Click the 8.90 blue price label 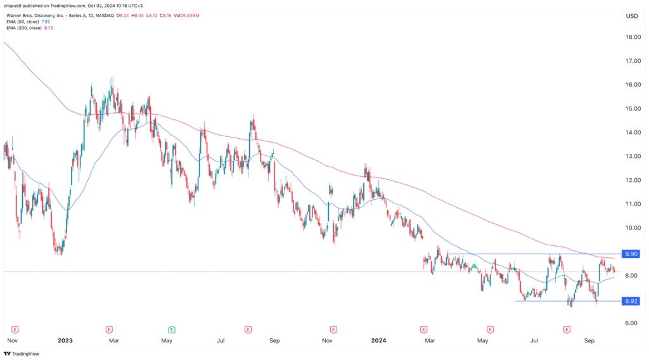click(631, 254)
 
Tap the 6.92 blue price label click(631, 301)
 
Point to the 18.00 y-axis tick click(631, 37)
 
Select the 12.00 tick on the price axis click(631, 180)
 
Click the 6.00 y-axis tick click(631, 323)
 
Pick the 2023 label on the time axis click(65, 340)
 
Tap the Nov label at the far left click(11, 340)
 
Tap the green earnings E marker click(172, 330)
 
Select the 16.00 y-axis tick click(631, 85)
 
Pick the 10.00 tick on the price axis click(631, 228)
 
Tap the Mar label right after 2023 click(114, 340)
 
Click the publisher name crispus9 click(15, 6)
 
